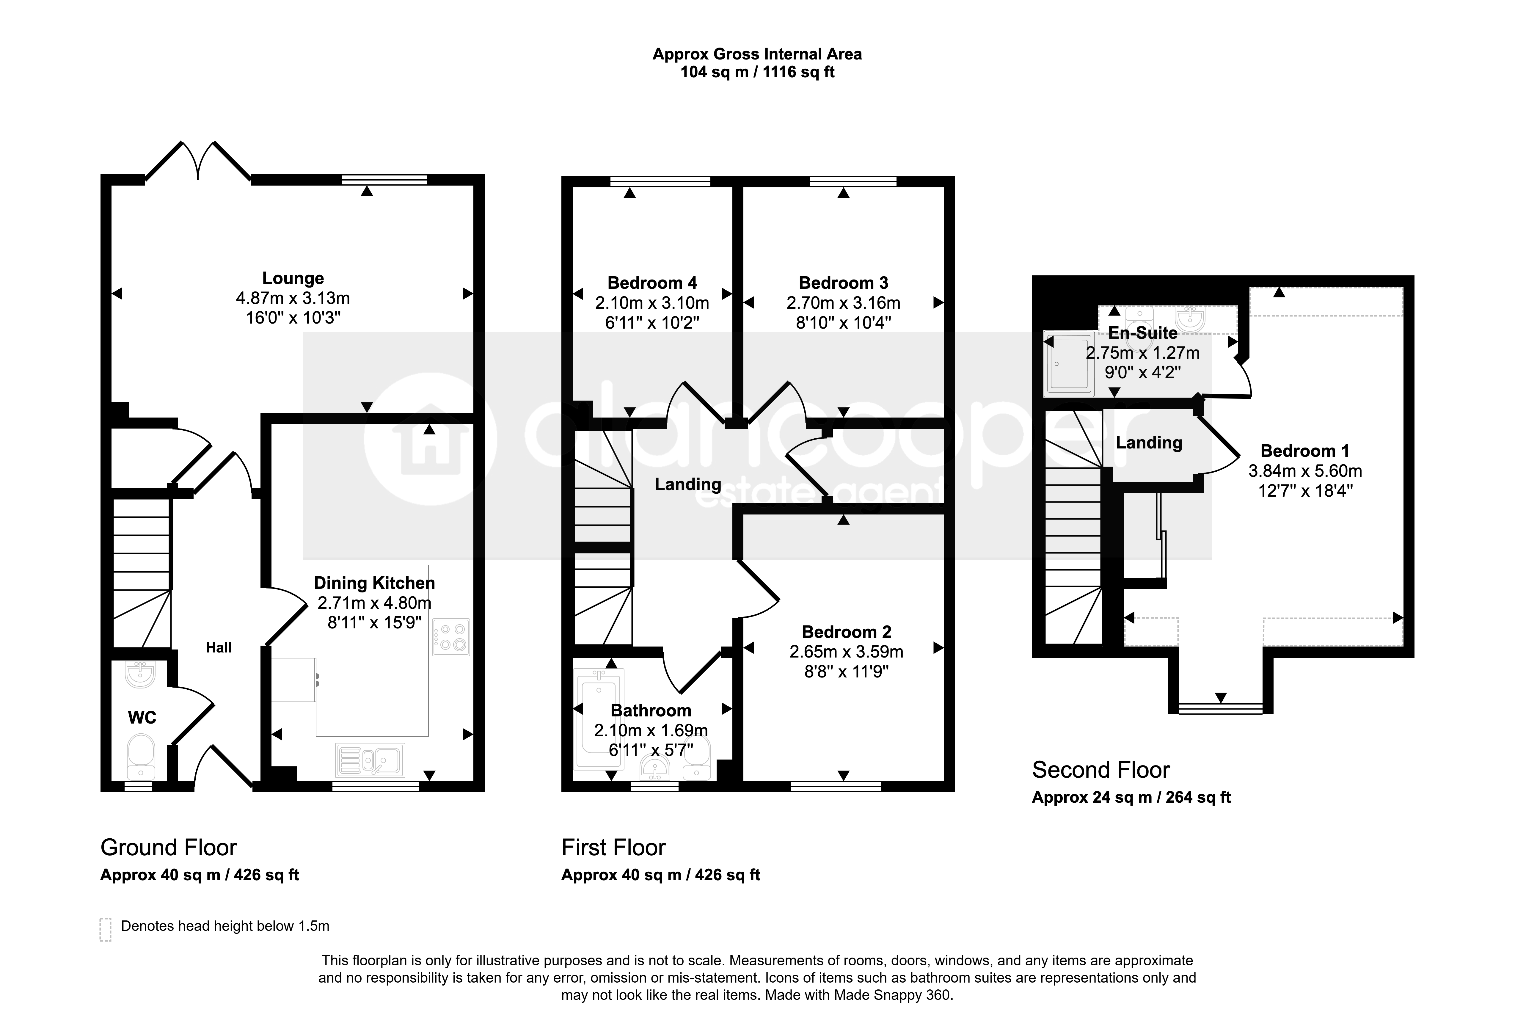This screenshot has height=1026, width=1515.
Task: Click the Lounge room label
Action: click(x=293, y=278)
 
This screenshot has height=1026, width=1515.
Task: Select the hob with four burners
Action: click(x=450, y=637)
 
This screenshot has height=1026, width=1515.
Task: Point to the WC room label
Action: click(x=142, y=718)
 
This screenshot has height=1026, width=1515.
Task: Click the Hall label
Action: click(x=219, y=647)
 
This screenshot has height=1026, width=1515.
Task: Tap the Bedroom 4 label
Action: click(x=652, y=283)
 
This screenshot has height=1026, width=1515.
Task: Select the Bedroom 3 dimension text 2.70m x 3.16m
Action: click(x=844, y=303)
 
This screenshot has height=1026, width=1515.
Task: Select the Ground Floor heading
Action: click(x=168, y=847)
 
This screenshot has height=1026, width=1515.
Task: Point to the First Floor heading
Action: click(x=613, y=847)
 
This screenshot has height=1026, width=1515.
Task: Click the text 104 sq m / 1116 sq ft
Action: click(x=758, y=72)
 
